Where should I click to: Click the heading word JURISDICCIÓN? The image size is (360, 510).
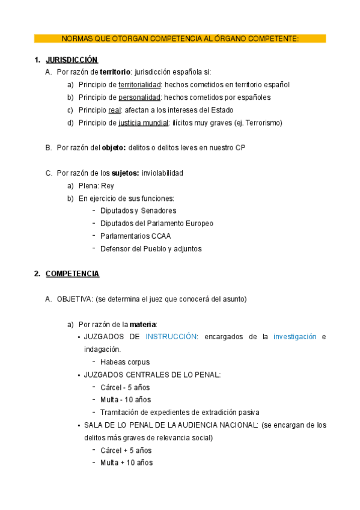click(x=72, y=60)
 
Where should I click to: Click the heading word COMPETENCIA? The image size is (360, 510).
click(x=72, y=274)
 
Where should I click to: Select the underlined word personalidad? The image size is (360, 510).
click(x=139, y=97)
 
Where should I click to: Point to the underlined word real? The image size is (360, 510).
click(x=115, y=110)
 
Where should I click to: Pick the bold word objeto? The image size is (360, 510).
click(x=114, y=148)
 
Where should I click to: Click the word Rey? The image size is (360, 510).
click(x=108, y=186)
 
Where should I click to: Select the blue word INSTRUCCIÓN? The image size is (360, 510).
click(x=171, y=337)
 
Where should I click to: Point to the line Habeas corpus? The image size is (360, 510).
click(x=125, y=362)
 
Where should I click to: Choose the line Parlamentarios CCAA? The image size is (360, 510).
click(x=135, y=236)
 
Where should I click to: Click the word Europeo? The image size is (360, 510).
click(x=198, y=223)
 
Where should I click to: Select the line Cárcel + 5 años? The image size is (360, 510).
click(x=126, y=450)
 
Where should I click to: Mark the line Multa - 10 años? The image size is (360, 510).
click(x=125, y=400)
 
